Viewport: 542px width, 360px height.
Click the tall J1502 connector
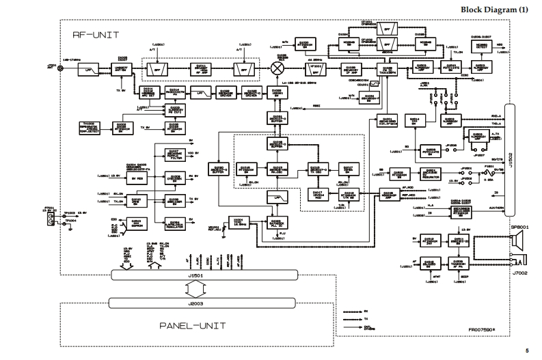[x=511, y=160]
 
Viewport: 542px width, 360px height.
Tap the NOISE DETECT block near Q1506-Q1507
[x=482, y=46]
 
